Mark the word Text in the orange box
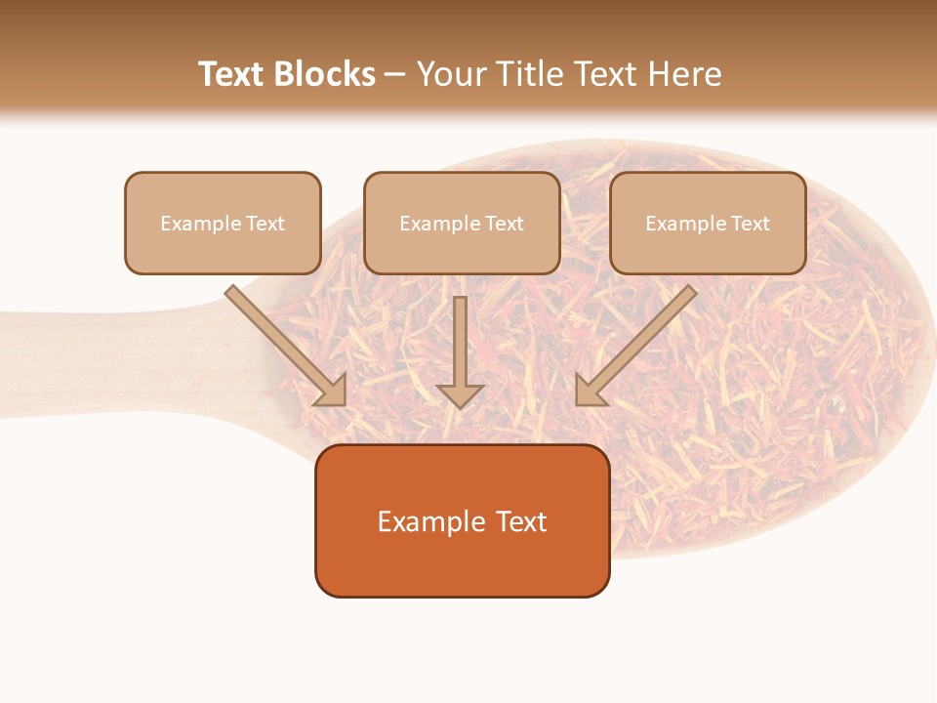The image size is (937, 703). [x=519, y=521]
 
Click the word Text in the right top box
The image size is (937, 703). [x=750, y=224]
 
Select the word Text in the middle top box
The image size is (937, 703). [x=504, y=224]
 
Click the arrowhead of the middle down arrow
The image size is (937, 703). [x=461, y=395]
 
